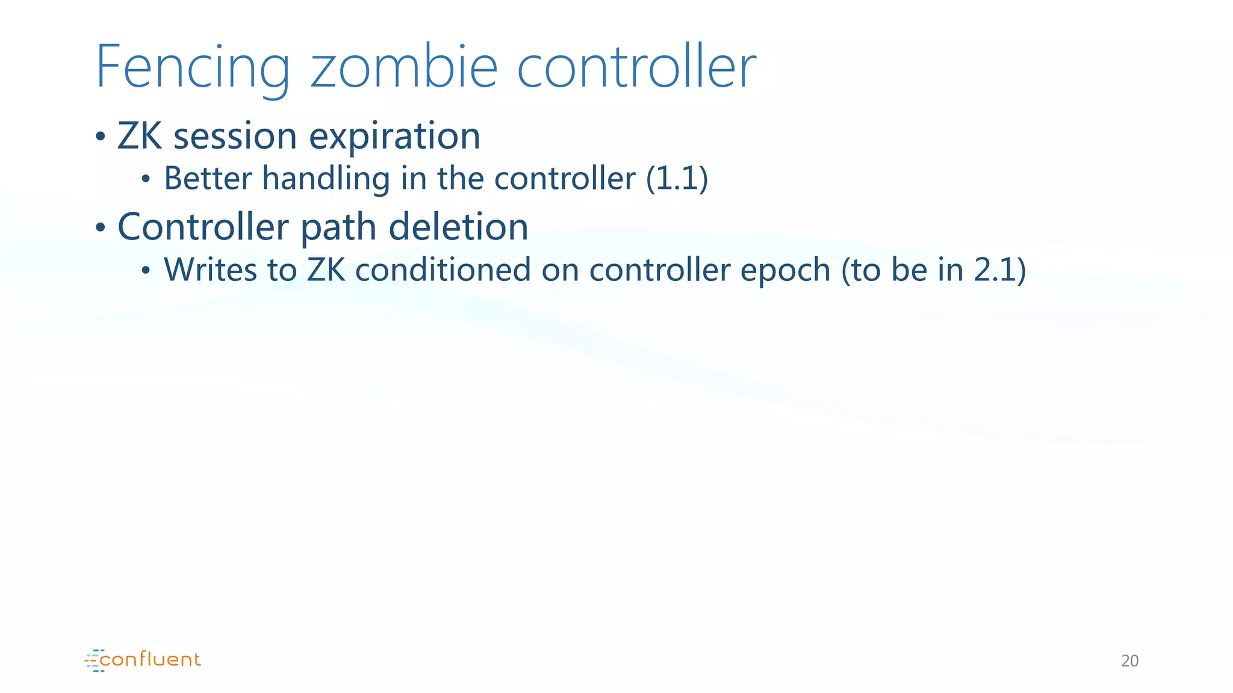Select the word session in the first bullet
coord(235,136)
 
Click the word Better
coord(208,179)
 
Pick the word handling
coord(326,180)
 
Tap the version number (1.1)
coord(677,179)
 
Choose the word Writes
coord(210,269)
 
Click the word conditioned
coord(443,269)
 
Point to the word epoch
coord(785,271)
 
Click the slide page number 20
coord(1129,661)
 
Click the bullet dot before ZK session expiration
coord(101,137)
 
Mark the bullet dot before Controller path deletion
coord(101,227)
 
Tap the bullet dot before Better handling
coord(145,179)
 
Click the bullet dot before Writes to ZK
coord(145,270)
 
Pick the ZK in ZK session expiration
coord(140,136)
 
